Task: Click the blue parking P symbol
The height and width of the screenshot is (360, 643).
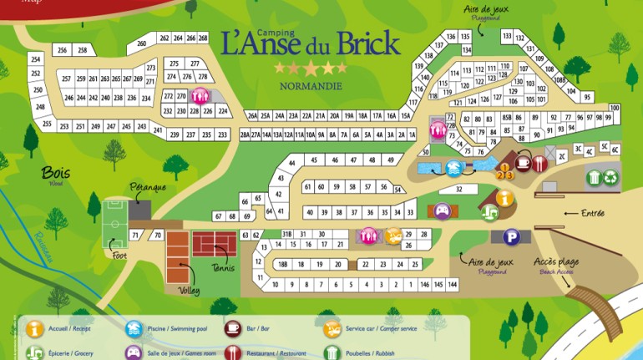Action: point(510,237)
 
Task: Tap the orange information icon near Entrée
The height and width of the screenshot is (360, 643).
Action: point(504,198)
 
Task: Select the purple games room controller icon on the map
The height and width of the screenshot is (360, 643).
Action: point(443,210)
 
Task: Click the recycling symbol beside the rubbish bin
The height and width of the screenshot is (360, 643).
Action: point(611,177)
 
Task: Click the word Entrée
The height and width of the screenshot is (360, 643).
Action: point(592,214)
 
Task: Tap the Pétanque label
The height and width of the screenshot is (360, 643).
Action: point(147,187)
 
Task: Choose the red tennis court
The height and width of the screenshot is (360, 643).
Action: point(215,244)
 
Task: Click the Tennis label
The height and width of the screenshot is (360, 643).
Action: point(222,268)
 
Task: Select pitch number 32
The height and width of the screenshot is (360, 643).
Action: point(458,190)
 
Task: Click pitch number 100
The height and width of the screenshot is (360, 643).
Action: point(615,108)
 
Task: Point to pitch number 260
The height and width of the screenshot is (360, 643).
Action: point(141,43)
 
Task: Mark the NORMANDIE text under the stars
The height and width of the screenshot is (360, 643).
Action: point(310,85)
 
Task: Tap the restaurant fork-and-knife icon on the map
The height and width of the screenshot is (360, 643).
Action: point(540,164)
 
